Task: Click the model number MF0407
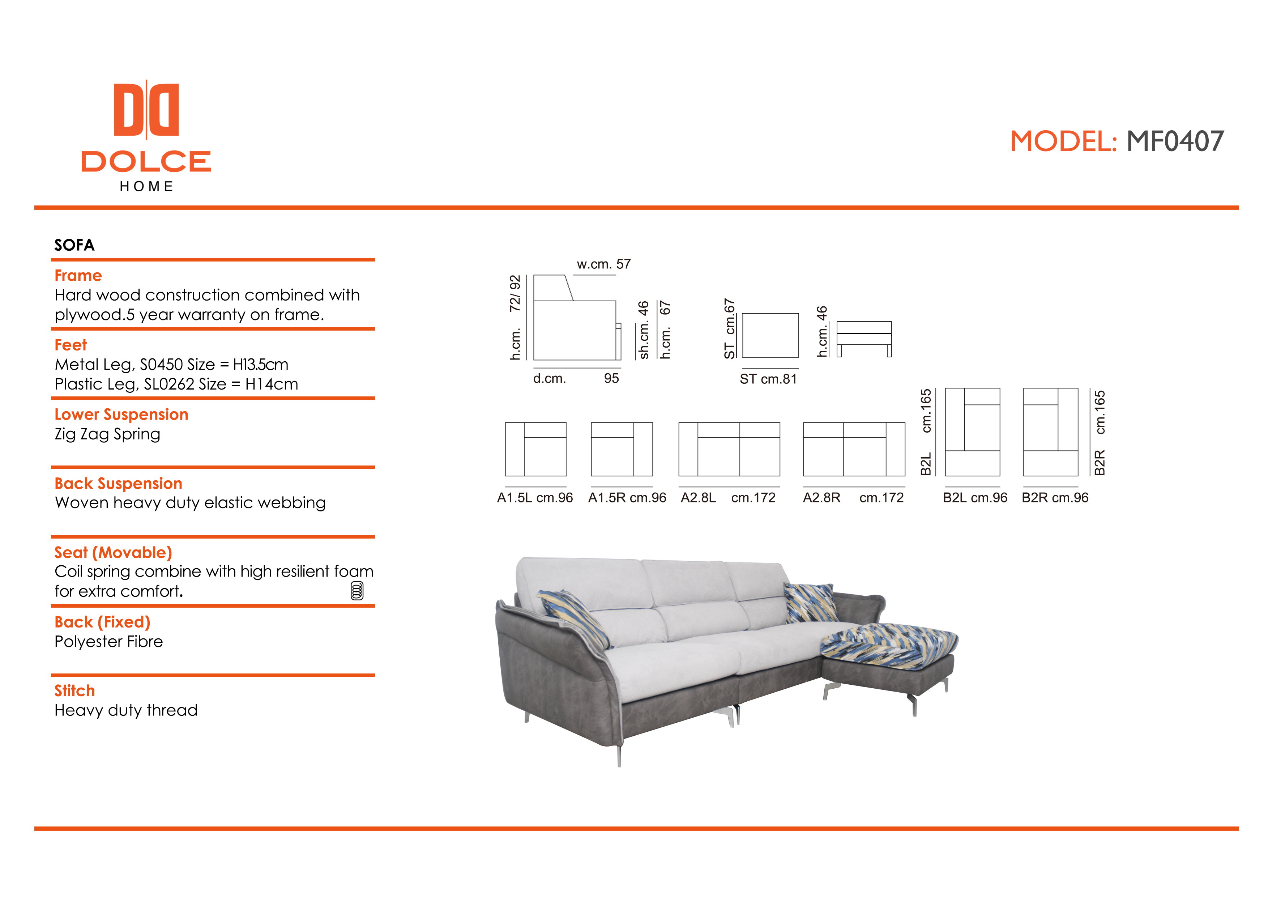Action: tap(1175, 141)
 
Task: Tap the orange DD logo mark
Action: tap(146, 109)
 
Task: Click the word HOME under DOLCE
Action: tap(146, 187)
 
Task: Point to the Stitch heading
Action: tap(74, 690)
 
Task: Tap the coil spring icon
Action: tap(357, 590)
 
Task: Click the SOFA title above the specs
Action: tap(74, 245)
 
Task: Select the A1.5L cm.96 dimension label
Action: tap(535, 498)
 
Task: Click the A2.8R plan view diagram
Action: tap(854, 449)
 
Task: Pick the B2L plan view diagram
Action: tap(973, 432)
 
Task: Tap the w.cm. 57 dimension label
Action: tap(603, 264)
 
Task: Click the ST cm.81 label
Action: tap(768, 379)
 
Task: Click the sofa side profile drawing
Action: tap(577, 318)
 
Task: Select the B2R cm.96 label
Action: tap(1055, 498)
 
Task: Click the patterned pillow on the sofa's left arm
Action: tap(575, 617)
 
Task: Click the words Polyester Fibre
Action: tap(109, 642)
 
